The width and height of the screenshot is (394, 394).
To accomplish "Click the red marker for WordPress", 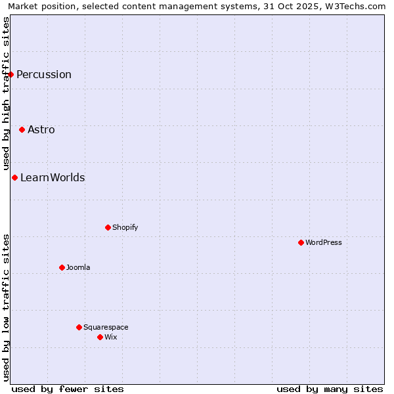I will pyautogui.click(x=301, y=242).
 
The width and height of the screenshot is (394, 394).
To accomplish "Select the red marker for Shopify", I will pyautogui.click(x=108, y=227).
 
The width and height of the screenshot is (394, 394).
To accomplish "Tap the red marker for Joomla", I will pyautogui.click(x=62, y=267).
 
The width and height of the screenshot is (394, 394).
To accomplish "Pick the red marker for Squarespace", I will pyautogui.click(x=79, y=327).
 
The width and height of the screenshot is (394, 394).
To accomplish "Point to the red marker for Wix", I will pyautogui.click(x=100, y=337).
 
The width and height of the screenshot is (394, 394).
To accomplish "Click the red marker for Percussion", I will pyautogui.click(x=11, y=74).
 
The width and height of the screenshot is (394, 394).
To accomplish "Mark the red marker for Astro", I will pyautogui.click(x=22, y=129).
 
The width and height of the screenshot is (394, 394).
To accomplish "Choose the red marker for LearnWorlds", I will pyautogui.click(x=14, y=177).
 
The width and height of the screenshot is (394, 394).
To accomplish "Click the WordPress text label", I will pyautogui.click(x=324, y=242).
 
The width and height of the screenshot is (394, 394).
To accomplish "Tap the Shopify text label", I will pyautogui.click(x=125, y=227).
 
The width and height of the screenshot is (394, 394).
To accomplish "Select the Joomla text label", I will pyautogui.click(x=78, y=267).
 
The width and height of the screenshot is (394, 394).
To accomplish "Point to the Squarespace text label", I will pyautogui.click(x=106, y=327).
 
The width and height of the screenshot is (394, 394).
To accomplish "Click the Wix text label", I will pyautogui.click(x=110, y=337).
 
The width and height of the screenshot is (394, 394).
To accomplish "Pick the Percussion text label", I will pyautogui.click(x=44, y=74).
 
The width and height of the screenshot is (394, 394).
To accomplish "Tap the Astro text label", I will pyautogui.click(x=41, y=129).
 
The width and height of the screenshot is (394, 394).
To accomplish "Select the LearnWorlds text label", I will pyautogui.click(x=53, y=177).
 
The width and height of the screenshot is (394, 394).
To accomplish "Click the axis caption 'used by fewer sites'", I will pyautogui.click(x=68, y=389).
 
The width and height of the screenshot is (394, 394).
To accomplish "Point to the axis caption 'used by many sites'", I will pyautogui.click(x=330, y=389).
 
